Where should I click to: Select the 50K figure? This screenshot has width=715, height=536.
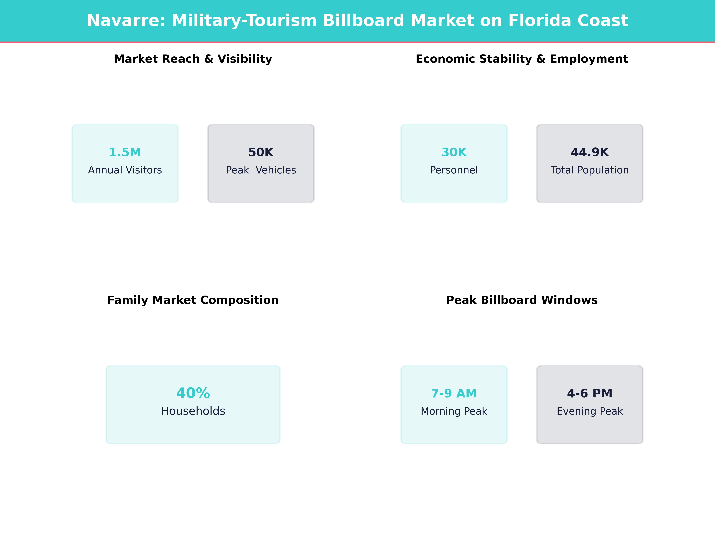click(x=261, y=152)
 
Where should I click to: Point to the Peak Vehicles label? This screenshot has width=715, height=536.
click(x=261, y=170)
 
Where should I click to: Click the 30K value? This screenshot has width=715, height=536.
click(x=454, y=152)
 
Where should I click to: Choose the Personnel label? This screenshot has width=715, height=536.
click(x=454, y=170)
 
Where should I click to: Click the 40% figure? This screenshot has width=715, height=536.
click(x=193, y=393)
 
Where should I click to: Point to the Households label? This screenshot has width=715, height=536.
click(x=193, y=411)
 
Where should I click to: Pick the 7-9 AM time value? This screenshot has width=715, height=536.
click(x=454, y=393)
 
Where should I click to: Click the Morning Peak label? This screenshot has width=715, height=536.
click(x=454, y=411)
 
